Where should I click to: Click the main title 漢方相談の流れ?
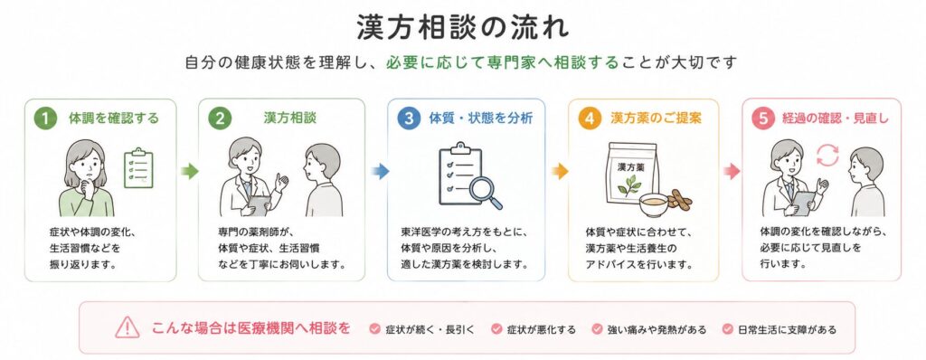coord(463,27)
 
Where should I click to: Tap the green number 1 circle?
coord(45,118)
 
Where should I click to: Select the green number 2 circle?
coord(220,118)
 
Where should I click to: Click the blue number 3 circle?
coord(408,118)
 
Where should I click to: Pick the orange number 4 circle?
coord(590,118)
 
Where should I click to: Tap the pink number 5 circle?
coord(763,118)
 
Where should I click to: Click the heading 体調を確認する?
coord(114,118)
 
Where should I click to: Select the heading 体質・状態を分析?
coord(481,118)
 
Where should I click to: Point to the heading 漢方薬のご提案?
coord(656,118)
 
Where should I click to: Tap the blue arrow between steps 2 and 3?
coord(380,172)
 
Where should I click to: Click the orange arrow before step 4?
coord(559,172)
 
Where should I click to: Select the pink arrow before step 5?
coord(732,172)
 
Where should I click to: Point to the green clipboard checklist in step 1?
coord(138,168)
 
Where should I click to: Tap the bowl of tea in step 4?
coord(654,204)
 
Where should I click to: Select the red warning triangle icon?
coord(127,327)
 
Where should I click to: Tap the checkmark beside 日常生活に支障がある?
coord(728,329)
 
